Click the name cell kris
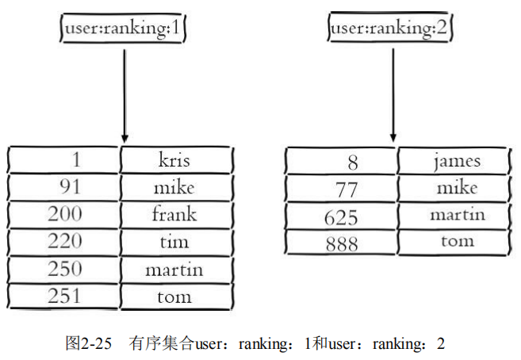pos(174,160)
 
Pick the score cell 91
pos(64,187)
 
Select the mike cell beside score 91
pos(174,187)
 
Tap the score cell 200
pos(64,214)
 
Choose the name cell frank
pos(174,214)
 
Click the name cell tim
pos(174,242)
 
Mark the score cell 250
pos(64,269)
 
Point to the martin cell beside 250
pos(174,270)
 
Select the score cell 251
pos(64,297)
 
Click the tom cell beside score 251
pos(174,297)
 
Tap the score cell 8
pos(342,162)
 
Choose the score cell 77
pos(342,189)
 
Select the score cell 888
pos(342,243)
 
